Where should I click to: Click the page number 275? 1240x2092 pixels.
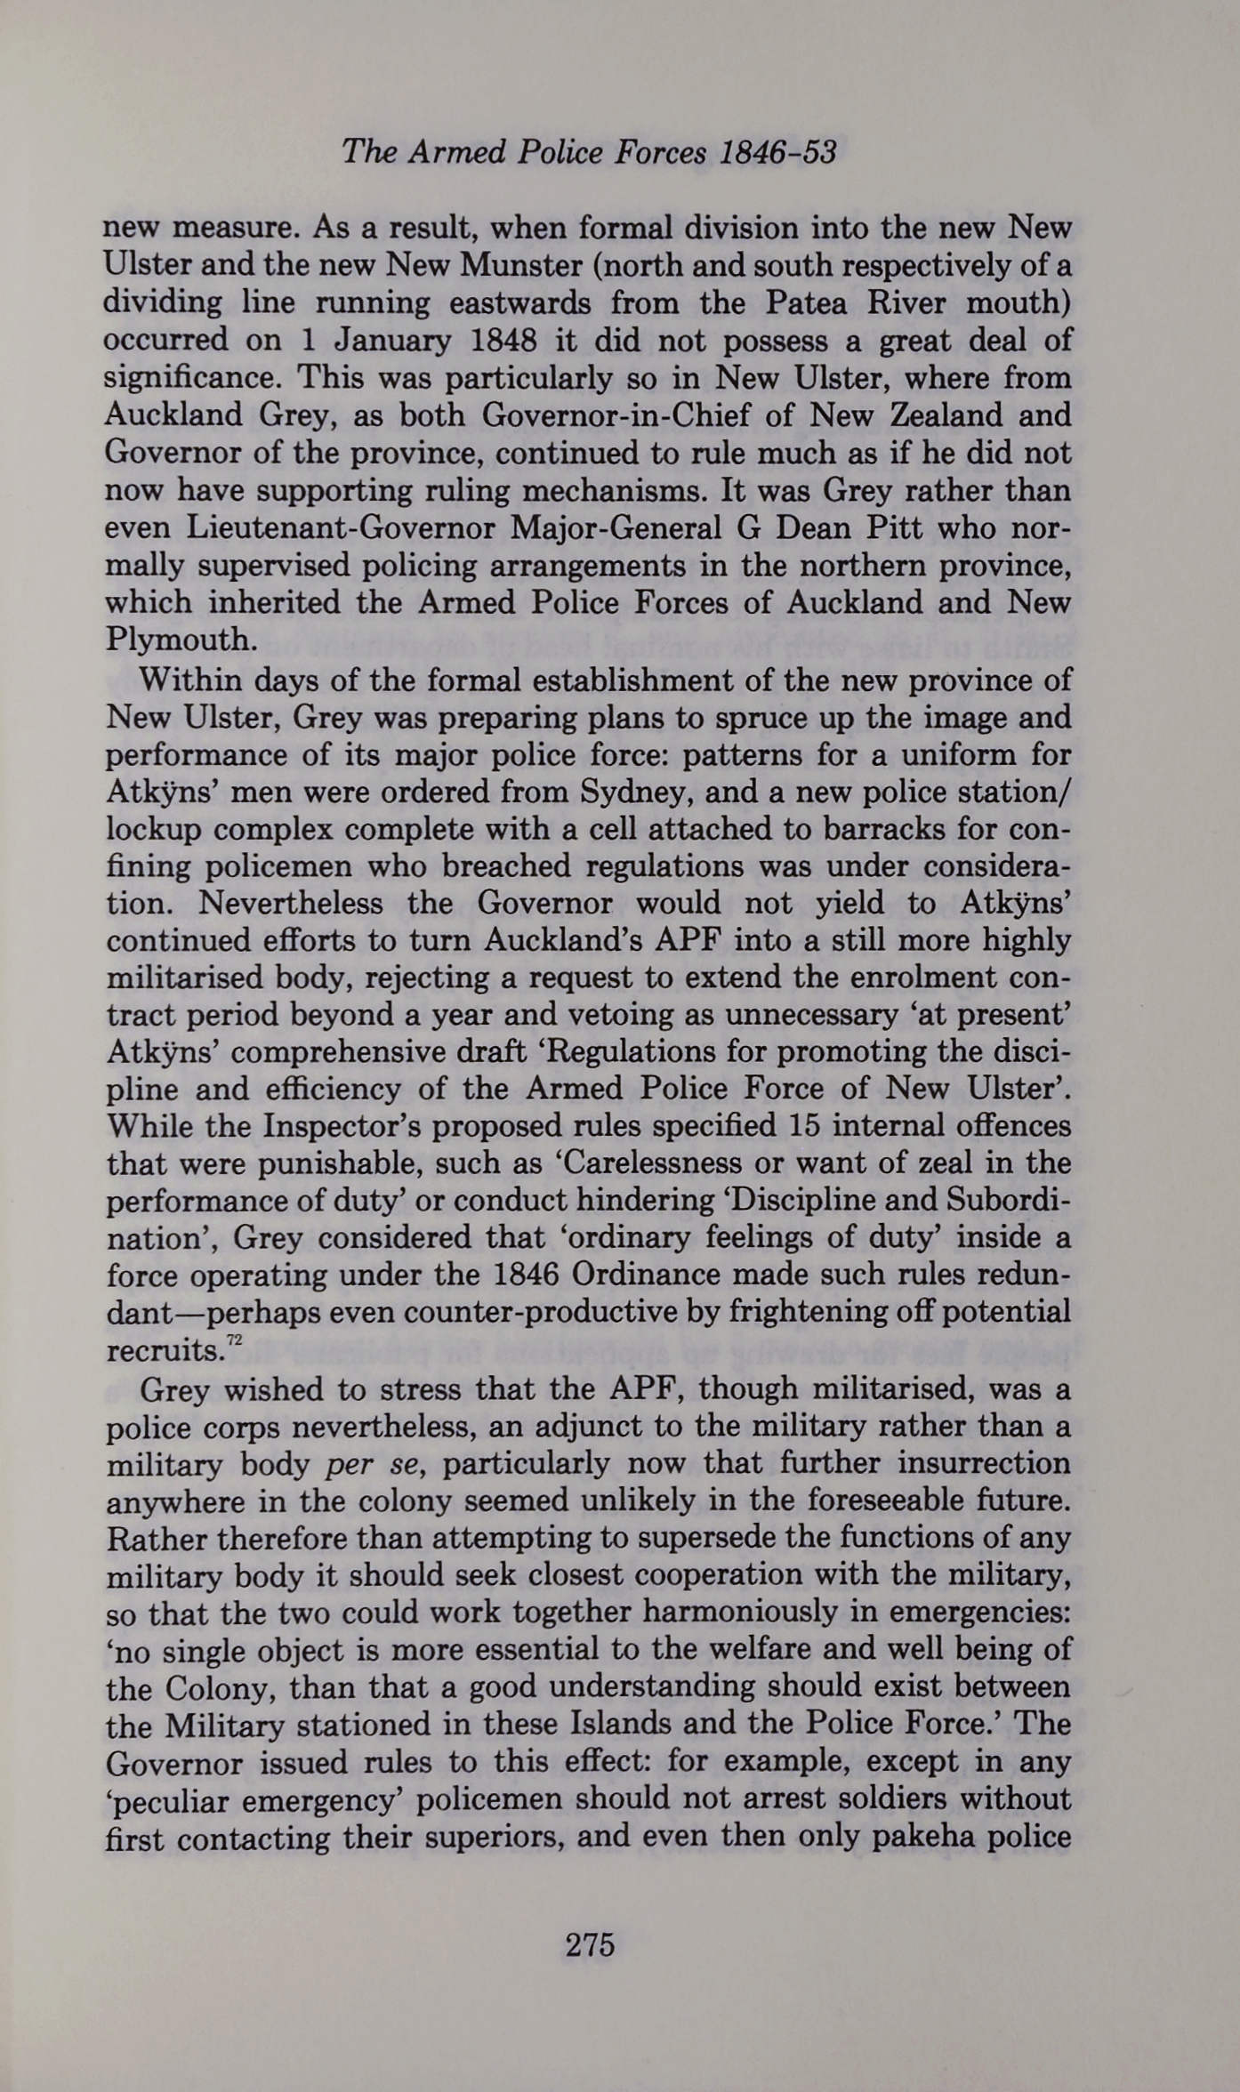click(x=590, y=1945)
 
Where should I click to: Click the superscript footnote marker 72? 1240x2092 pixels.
click(x=234, y=1340)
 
